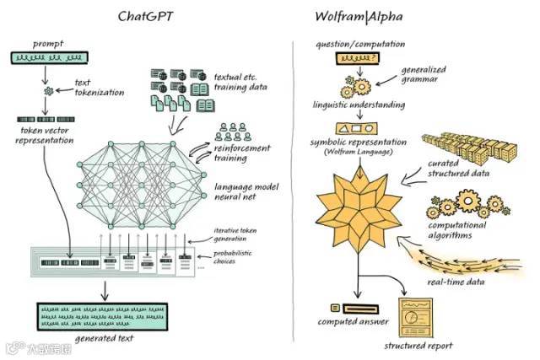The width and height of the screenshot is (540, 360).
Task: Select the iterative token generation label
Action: pyautogui.click(x=241, y=234)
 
